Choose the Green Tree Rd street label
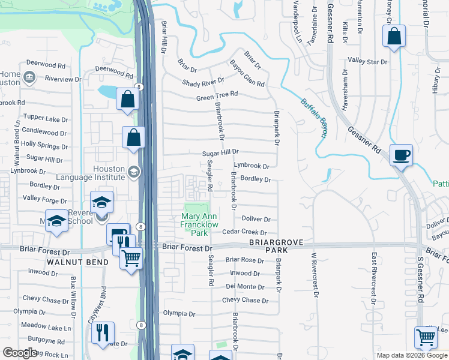tap(217, 95)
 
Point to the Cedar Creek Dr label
tap(244, 232)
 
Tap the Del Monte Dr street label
tap(245, 287)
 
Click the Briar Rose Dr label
tap(244, 260)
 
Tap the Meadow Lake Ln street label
tap(46, 327)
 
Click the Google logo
tap(20, 352)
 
